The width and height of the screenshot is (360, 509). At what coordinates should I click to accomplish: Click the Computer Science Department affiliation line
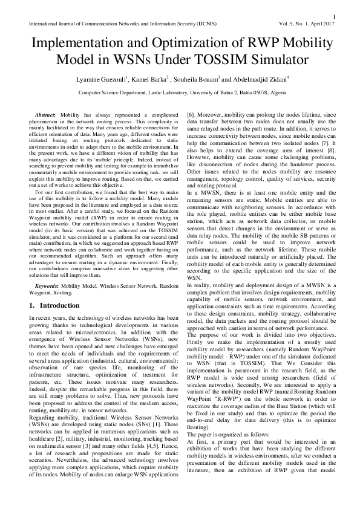tap(180, 93)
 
